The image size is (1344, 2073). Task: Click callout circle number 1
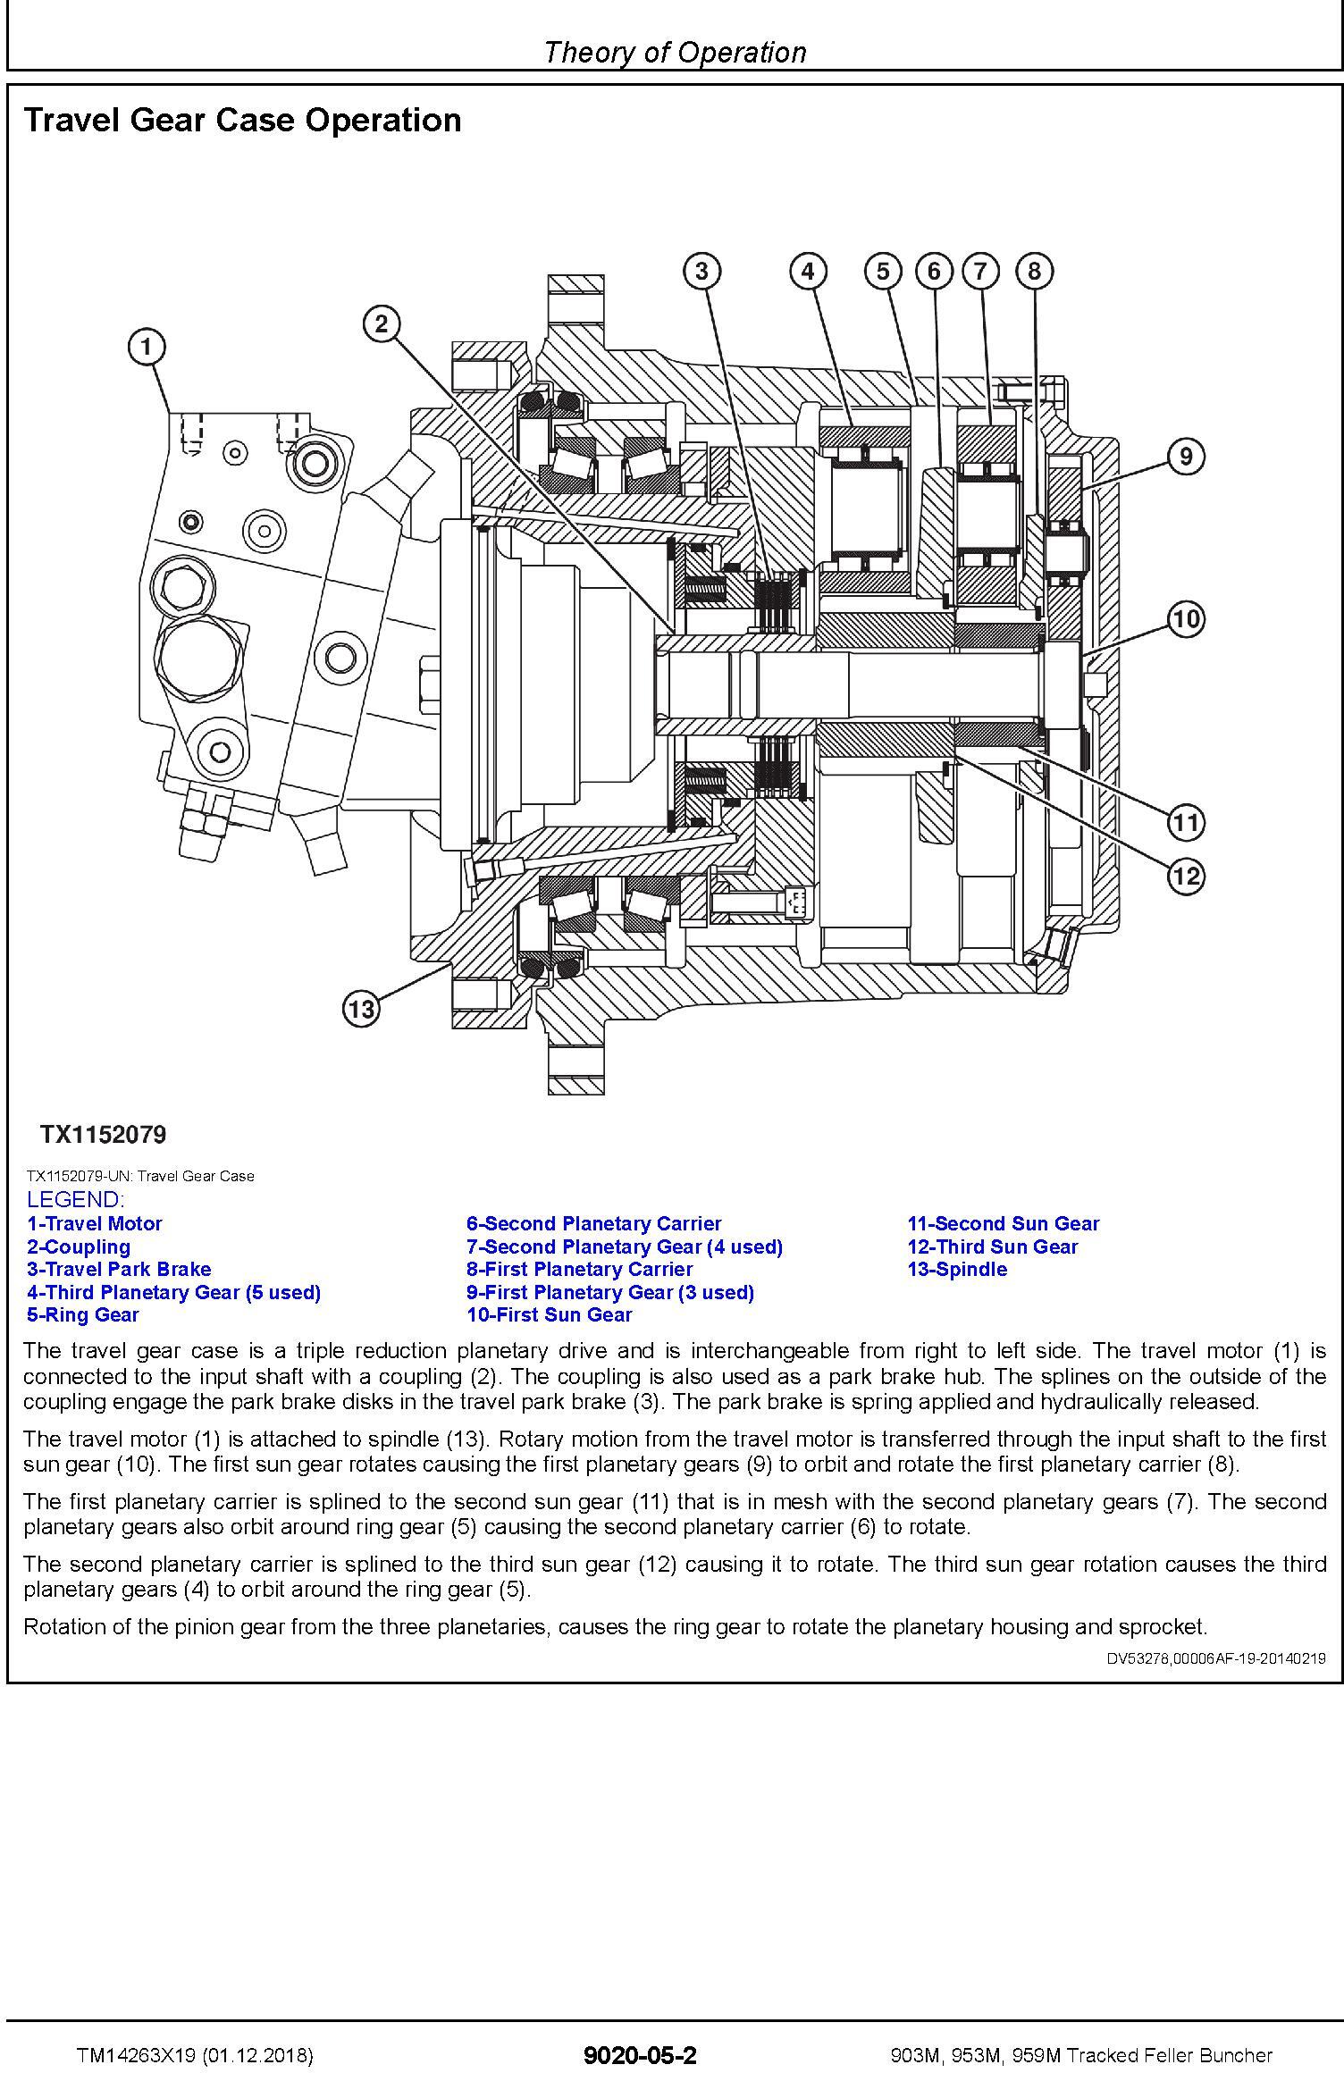(x=147, y=346)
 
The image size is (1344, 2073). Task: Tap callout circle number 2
(x=382, y=323)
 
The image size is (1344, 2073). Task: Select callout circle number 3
(x=701, y=270)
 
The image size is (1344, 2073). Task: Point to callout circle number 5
(x=883, y=270)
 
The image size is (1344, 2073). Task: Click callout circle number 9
(x=1185, y=457)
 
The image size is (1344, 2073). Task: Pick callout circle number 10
(x=1185, y=618)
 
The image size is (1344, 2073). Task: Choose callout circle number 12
(x=1185, y=876)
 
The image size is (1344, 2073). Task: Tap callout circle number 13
(x=361, y=1010)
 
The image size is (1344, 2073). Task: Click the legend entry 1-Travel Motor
(x=95, y=1223)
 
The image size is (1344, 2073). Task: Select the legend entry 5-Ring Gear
(x=83, y=1314)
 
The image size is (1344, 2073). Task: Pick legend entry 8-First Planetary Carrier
(x=579, y=1269)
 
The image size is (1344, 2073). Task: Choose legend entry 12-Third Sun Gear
(x=992, y=1246)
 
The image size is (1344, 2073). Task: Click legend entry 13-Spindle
(x=956, y=1269)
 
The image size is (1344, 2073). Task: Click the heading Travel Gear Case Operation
(x=242, y=120)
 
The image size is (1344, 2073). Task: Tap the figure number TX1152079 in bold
(x=103, y=1135)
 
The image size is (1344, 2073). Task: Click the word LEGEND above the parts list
(x=76, y=1200)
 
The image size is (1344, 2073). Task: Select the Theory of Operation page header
(x=675, y=52)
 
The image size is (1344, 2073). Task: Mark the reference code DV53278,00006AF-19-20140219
(x=1216, y=1658)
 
